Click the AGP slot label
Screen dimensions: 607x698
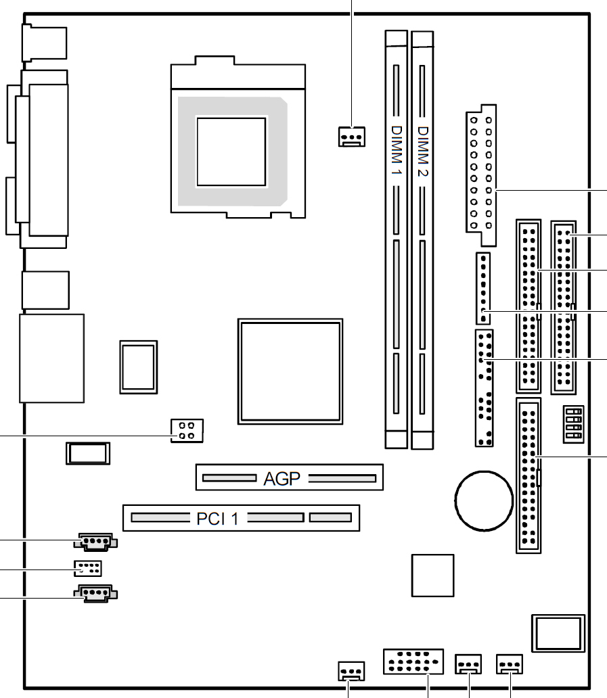pos(282,479)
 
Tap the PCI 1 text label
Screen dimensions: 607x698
pos(218,519)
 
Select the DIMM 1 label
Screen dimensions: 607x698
pos(397,150)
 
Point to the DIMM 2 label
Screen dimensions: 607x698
pos(423,152)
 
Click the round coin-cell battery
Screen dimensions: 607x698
pos(484,501)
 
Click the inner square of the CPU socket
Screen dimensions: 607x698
pos(231,152)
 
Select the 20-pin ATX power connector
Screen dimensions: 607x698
pos(481,175)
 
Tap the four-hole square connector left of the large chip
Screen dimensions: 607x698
pos(187,430)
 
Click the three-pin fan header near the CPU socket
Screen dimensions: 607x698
pos(352,137)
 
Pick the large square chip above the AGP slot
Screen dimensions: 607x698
pos(290,371)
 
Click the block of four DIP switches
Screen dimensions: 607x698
pos(574,424)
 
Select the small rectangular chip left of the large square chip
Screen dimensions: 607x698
pos(139,367)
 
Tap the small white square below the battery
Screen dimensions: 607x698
pos(433,576)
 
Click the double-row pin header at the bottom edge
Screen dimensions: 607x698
pos(413,661)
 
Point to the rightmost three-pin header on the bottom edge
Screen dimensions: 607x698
pos(510,664)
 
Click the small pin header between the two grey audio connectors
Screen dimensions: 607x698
pos(88,568)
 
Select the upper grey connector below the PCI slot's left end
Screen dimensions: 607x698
pos(95,542)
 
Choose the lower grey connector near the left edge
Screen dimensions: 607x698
pos(95,593)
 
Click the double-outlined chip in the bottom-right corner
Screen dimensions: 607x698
pos(558,633)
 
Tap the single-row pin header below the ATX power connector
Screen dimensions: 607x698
pos(483,288)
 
